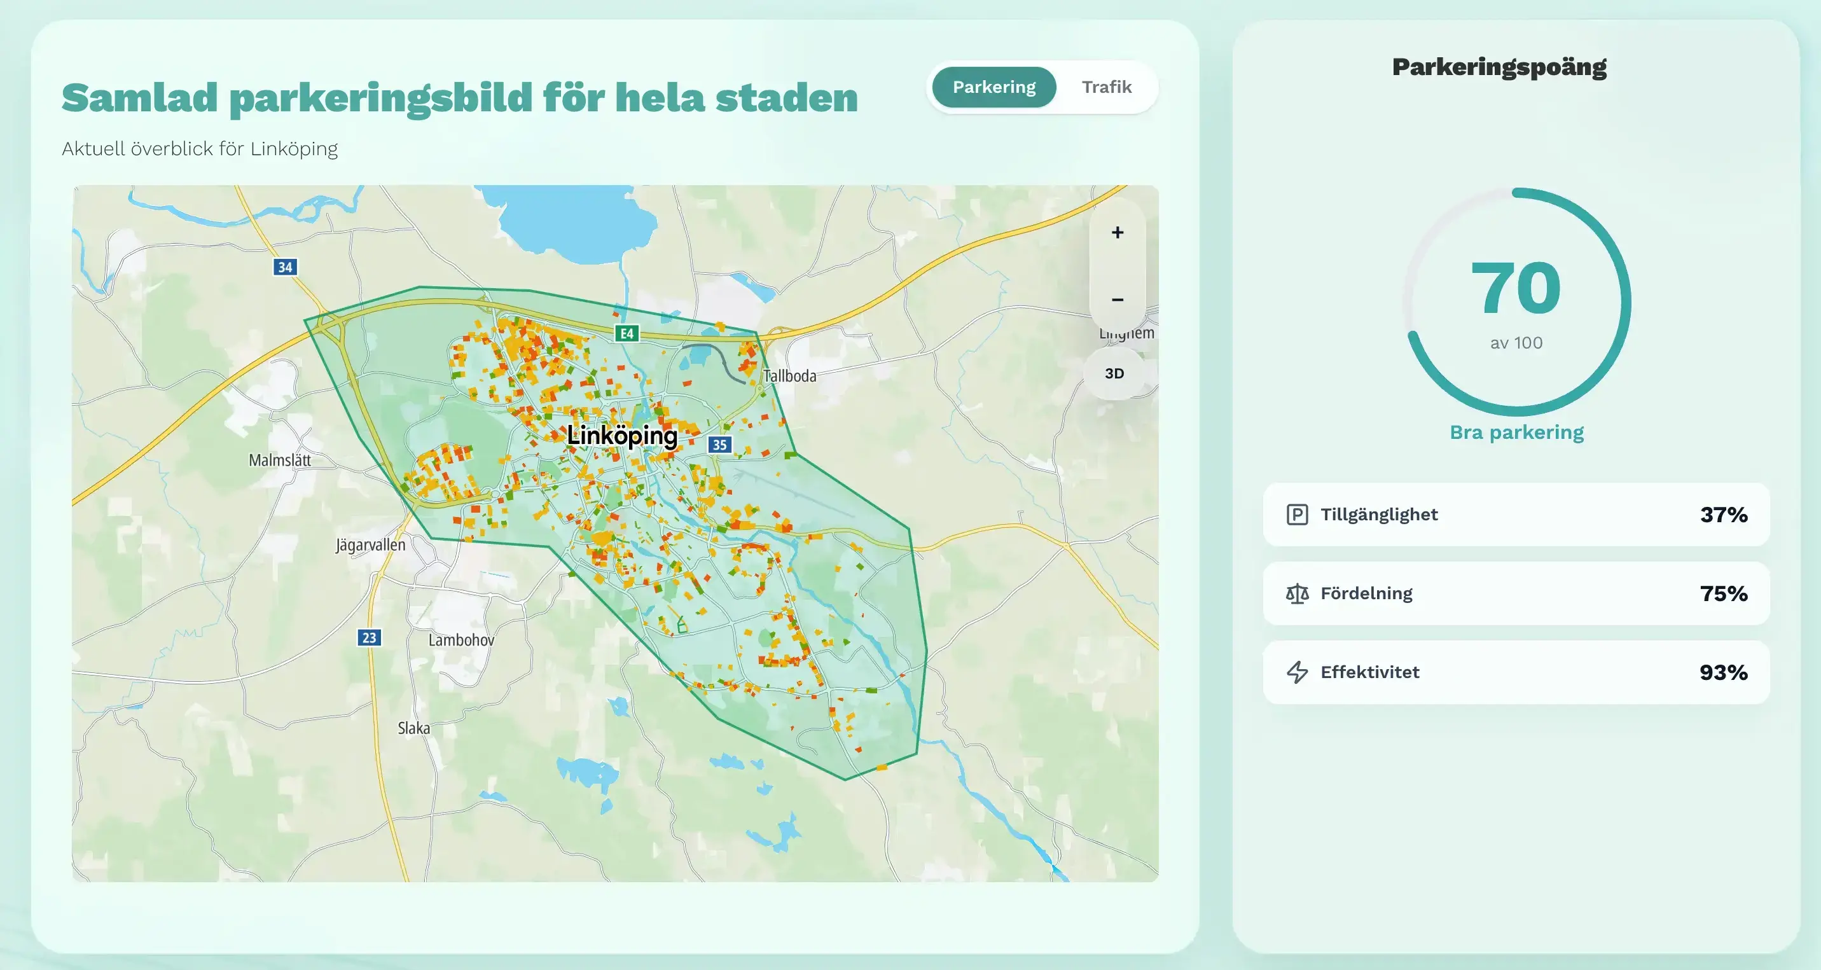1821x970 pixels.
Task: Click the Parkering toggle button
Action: coord(994,87)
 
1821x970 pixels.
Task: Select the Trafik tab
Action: coord(1106,87)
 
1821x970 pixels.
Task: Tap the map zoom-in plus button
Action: coord(1117,233)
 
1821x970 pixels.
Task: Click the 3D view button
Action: coord(1114,373)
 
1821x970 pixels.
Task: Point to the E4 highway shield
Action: coord(627,333)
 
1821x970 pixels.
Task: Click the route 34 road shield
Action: coord(285,267)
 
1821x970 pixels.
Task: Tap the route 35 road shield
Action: coord(719,445)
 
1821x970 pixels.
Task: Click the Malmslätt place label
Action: coord(280,461)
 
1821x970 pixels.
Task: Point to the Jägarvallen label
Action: coord(370,545)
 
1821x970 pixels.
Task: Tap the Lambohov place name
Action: coord(461,640)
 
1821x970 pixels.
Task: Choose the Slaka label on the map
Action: coord(413,728)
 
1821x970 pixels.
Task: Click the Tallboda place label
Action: coord(789,376)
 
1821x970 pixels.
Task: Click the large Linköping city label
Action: coord(622,436)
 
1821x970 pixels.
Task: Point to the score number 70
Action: coord(1516,288)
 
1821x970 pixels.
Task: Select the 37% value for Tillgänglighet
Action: coord(1724,515)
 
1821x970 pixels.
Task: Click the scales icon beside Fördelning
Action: coord(1297,593)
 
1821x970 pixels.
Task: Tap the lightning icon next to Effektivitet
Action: coord(1297,672)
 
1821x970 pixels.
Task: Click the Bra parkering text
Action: coord(1516,432)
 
